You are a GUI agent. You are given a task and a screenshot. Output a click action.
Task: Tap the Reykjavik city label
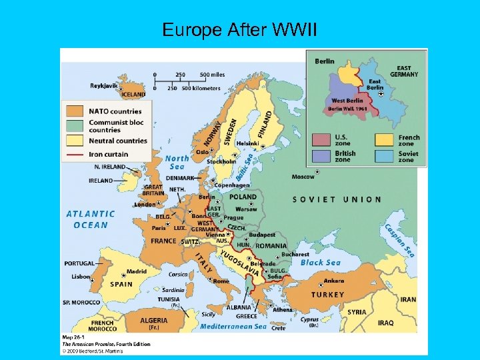pyautogui.click(x=104, y=85)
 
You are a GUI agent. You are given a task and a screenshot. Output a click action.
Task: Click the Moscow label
pyautogui.click(x=303, y=177)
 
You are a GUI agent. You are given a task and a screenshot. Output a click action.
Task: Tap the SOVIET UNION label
pyautogui.click(x=337, y=199)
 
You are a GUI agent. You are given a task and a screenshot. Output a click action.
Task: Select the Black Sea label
pyautogui.click(x=321, y=263)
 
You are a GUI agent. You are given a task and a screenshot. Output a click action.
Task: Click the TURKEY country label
pyautogui.click(x=328, y=295)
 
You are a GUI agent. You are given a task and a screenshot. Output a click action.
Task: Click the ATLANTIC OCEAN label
pyautogui.click(x=91, y=219)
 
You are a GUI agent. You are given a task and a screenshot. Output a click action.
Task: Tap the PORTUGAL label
pyautogui.click(x=79, y=263)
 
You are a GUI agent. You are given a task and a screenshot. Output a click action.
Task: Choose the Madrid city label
pyautogui.click(x=137, y=271)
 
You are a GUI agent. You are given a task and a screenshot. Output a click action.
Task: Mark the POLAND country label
pyautogui.click(x=243, y=197)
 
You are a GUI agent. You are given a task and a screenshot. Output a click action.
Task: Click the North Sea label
pyautogui.click(x=177, y=163)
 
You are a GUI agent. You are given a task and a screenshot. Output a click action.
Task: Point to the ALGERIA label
pyautogui.click(x=154, y=321)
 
